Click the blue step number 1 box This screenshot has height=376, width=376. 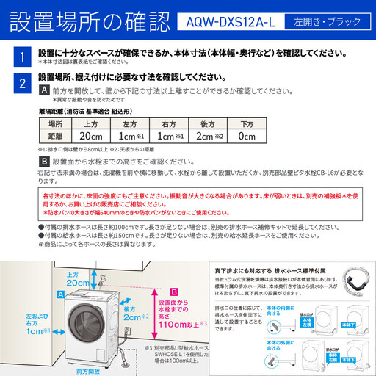tap(23, 56)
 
